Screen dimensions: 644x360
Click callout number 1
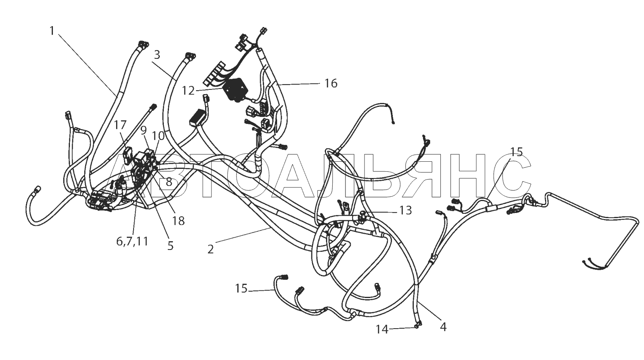point(52,31)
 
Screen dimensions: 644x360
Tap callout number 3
point(157,54)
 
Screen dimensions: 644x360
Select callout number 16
point(331,83)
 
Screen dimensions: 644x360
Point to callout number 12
point(188,91)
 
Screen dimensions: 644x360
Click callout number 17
point(120,125)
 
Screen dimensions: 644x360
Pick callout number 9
point(144,130)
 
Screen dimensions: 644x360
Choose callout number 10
point(158,135)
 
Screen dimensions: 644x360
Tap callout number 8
point(169,182)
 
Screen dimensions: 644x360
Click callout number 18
point(178,221)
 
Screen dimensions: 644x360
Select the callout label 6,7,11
point(132,241)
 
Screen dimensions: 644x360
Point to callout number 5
point(171,246)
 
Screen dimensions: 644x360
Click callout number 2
point(211,250)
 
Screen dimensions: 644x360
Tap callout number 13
point(405,210)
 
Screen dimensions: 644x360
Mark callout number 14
point(382,329)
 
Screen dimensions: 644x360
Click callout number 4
point(443,327)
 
